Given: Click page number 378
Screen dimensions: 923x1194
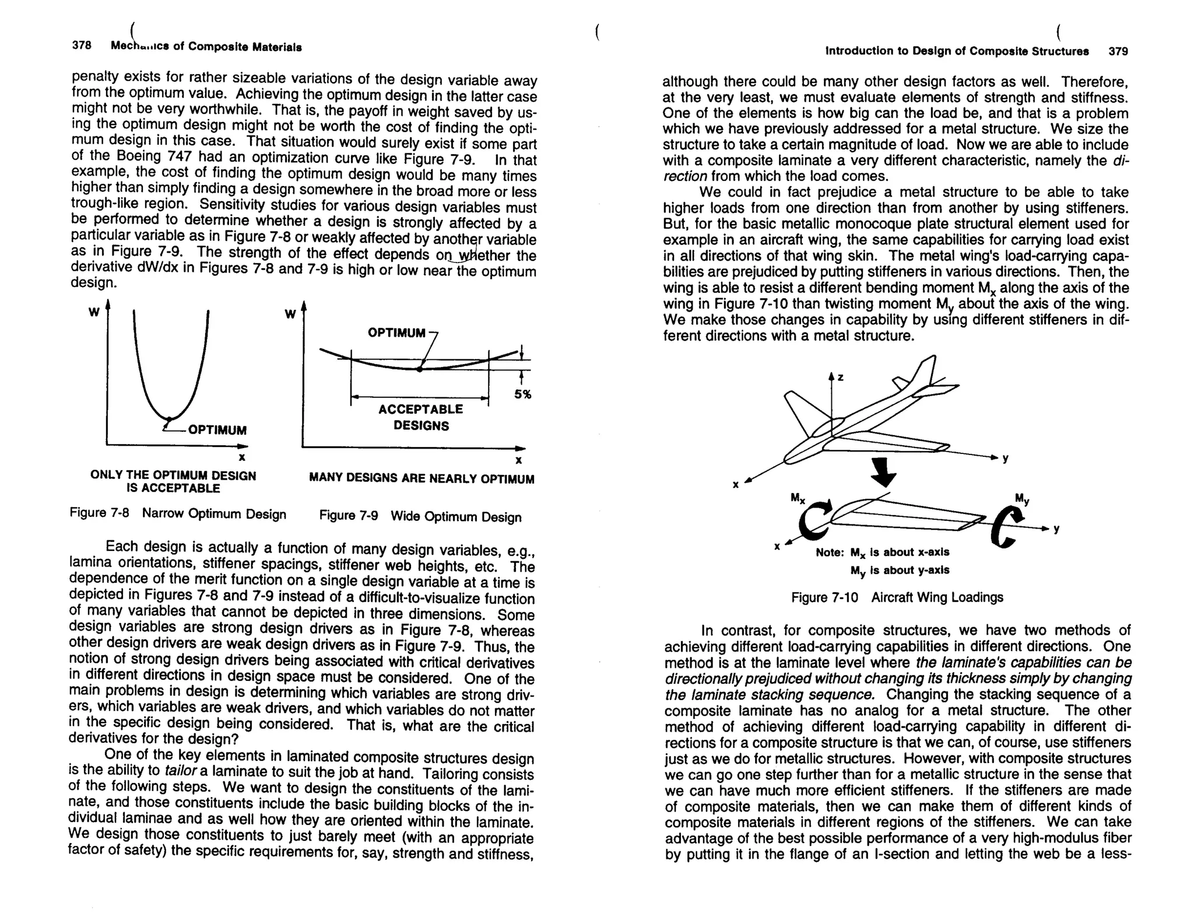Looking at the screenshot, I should (82, 46).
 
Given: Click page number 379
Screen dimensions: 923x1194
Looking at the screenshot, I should (1118, 51).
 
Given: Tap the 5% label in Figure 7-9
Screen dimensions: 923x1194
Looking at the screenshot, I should (522, 395).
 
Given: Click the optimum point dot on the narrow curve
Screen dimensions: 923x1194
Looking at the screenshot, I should (169, 419).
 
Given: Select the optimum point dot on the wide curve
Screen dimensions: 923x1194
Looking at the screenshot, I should (419, 369).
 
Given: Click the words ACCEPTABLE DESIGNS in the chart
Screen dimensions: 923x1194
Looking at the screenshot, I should (420, 417).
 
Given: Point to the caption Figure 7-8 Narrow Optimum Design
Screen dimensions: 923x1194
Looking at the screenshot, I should (178, 514).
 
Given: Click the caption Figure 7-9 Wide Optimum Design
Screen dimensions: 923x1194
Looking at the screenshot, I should (420, 516).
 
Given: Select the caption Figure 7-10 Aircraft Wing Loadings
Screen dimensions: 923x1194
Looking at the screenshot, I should (897, 597).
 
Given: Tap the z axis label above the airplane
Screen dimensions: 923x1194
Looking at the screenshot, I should (841, 377).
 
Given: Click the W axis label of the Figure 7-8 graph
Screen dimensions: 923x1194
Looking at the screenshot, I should (93, 312).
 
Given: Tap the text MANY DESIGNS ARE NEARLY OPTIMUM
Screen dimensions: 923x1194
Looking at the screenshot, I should (421, 479).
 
